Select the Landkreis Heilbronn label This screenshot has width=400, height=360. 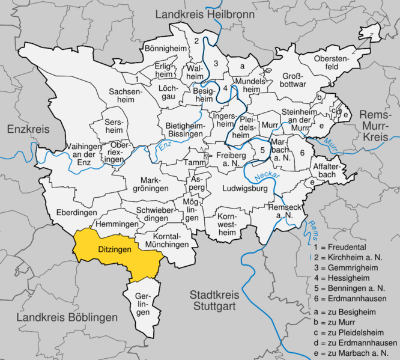click(x=205, y=14)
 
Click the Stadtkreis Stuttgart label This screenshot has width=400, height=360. click(x=214, y=301)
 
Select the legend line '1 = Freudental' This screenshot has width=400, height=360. click(x=340, y=247)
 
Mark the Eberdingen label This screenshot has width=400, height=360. click(x=76, y=213)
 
